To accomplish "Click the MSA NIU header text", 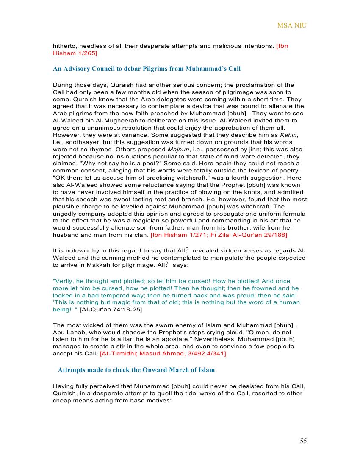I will tap(292, 25).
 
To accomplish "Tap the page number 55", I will tap(303, 441).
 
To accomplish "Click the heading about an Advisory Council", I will tap(147, 69).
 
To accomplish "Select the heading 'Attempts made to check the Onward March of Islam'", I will tap(136, 370).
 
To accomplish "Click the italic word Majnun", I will tap(178, 149).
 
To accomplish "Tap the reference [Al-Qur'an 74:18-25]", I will tap(111, 310).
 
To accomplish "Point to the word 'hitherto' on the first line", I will tap(65, 46).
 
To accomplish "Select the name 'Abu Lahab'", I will tap(68, 332).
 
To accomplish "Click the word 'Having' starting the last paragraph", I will tap(63, 386).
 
